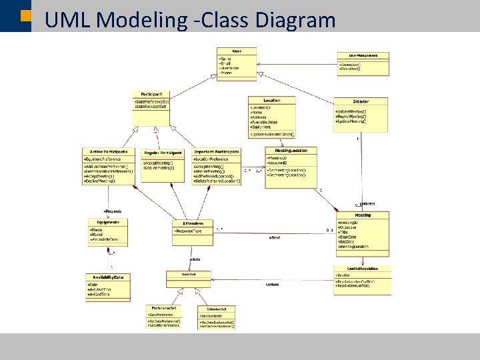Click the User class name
coord(237,51)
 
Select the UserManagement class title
coord(363,55)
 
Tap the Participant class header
coord(151,94)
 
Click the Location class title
coord(271,101)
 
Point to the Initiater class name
coord(361,101)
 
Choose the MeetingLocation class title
coord(287,151)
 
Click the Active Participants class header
coord(108,152)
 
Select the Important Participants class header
coord(217,152)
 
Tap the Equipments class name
coord(107,222)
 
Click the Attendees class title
coord(193,223)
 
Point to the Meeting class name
coord(363,215)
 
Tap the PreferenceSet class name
coord(163,307)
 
